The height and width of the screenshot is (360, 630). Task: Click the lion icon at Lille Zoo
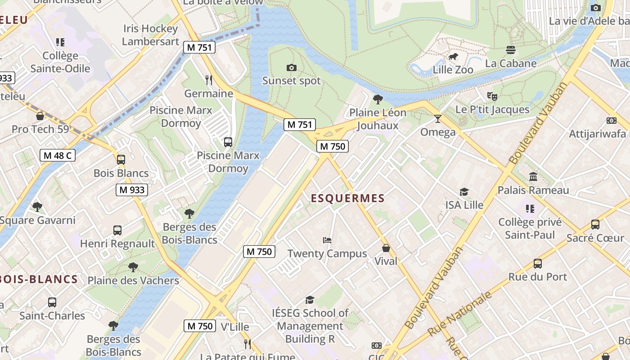(453, 57)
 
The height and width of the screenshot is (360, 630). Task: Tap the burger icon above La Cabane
(510, 49)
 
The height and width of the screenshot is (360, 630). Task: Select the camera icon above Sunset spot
(292, 67)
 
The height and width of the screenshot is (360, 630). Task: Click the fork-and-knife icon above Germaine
(208, 80)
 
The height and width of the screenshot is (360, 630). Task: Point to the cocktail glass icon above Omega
(437, 119)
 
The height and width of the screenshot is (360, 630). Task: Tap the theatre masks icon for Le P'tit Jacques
(492, 96)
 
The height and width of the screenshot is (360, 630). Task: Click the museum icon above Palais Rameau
(533, 176)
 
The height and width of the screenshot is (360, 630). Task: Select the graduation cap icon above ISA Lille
(464, 192)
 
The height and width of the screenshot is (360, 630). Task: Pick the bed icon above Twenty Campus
(327, 240)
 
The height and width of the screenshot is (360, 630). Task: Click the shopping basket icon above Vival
(386, 247)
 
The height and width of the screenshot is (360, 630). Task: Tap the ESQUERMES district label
(348, 198)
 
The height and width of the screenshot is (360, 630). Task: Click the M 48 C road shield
(57, 156)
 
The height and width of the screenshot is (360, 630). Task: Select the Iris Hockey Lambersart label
(150, 35)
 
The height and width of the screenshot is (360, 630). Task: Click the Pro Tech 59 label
(40, 129)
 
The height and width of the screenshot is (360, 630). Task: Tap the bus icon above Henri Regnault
(117, 230)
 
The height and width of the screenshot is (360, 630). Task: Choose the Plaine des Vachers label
(133, 281)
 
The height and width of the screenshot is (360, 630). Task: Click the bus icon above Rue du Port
(537, 264)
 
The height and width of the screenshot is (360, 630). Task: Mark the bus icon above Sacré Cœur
(595, 224)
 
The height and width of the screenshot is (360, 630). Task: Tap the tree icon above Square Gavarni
(37, 207)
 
